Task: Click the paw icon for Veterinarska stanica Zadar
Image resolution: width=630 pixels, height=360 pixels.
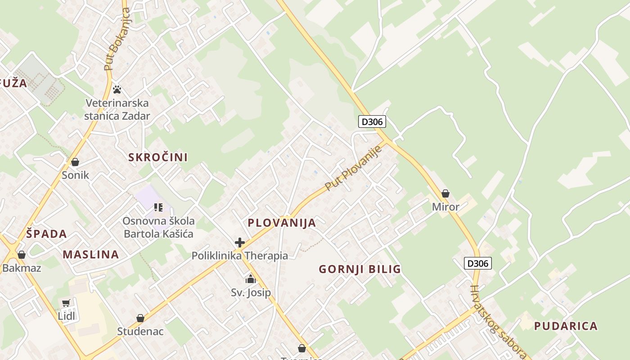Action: [117, 89]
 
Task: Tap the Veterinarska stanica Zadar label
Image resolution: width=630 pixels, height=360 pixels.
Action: [117, 109]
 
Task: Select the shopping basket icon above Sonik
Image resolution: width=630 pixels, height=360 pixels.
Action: [75, 162]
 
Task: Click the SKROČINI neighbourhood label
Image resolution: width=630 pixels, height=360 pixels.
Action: [158, 157]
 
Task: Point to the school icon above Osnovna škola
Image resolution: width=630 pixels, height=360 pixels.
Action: [158, 207]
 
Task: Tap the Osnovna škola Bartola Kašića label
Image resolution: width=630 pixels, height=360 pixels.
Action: [158, 227]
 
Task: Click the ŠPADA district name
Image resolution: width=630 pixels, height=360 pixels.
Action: [46, 234]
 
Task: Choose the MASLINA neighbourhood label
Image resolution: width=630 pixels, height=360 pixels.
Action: [91, 255]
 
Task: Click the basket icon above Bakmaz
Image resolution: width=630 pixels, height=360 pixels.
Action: [21, 255]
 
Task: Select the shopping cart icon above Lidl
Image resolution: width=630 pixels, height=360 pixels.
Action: [66, 303]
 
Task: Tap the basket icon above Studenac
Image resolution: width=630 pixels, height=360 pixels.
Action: [140, 318]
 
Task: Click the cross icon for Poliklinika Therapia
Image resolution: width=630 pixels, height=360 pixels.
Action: [240, 243]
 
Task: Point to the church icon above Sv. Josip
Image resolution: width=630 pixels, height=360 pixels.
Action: [251, 279]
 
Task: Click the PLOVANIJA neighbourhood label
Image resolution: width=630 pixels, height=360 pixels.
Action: [282, 223]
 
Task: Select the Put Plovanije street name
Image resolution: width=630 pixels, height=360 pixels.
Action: [353, 167]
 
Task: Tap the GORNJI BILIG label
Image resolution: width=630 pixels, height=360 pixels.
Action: [360, 270]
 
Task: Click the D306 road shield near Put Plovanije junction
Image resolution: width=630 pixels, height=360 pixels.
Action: [372, 121]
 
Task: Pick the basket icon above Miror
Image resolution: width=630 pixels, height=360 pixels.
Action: [445, 193]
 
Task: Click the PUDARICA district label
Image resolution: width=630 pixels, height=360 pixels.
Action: [566, 326]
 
